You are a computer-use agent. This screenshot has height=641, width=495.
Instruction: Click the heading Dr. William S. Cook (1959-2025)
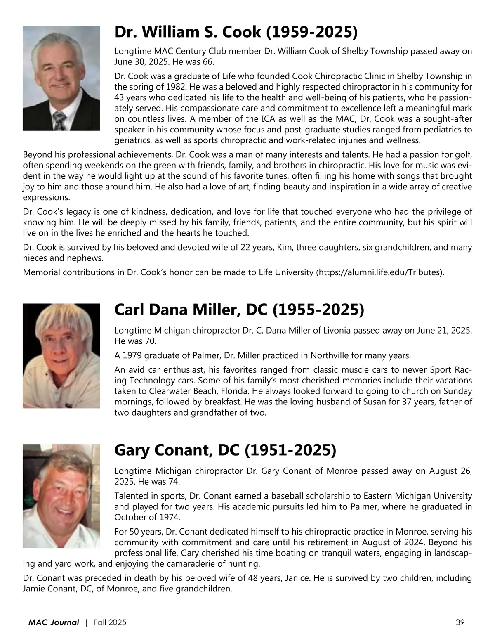(236, 32)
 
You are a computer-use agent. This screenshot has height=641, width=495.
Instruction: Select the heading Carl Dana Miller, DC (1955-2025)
(239, 309)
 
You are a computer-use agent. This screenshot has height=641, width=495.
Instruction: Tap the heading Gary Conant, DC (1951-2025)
(225, 450)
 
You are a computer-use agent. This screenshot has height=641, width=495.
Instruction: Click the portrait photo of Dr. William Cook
(61, 78)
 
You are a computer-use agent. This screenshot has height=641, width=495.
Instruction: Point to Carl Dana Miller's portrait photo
(61, 356)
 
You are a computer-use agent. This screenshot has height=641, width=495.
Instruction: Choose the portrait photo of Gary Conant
(61, 496)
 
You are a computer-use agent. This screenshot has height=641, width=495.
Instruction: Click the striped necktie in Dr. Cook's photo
(60, 121)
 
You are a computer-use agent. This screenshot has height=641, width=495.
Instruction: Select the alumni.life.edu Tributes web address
(380, 272)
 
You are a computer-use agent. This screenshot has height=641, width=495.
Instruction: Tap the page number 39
(460, 622)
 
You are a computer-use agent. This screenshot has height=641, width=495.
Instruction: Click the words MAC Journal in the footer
(54, 622)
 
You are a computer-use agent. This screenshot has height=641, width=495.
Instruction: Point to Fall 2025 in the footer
(110, 622)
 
